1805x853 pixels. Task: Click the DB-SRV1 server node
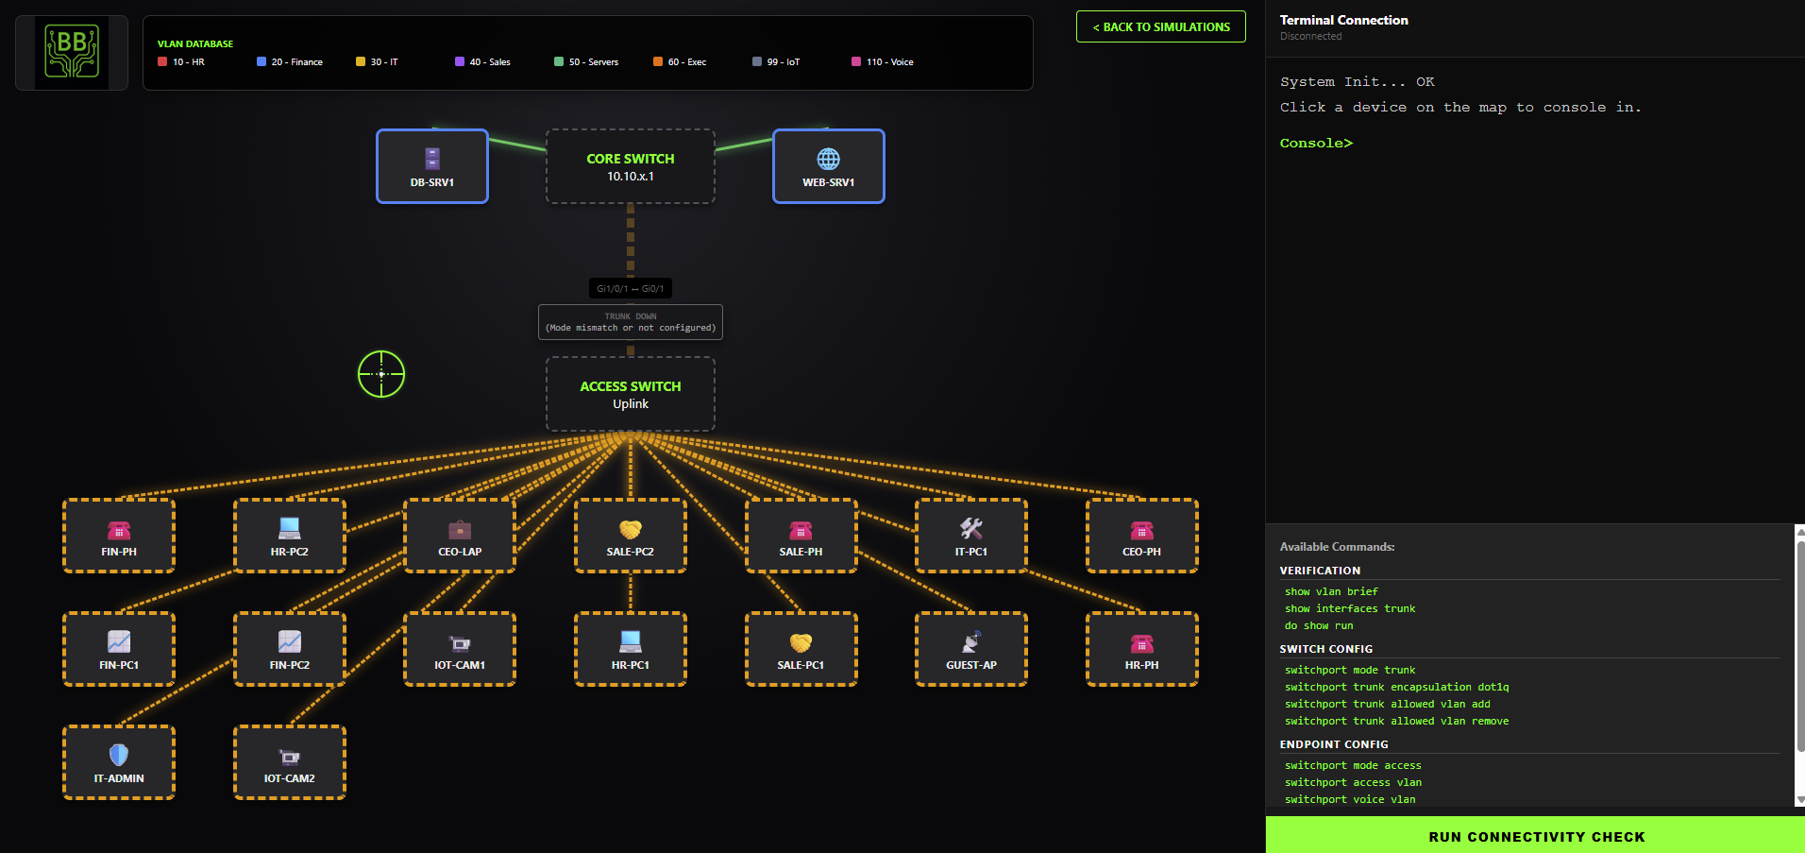tap(431, 166)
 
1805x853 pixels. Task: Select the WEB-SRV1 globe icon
tap(828, 159)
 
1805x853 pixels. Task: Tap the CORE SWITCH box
tap(630, 166)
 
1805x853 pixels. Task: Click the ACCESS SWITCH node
tap(630, 394)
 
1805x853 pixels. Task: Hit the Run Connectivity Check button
tap(1535, 836)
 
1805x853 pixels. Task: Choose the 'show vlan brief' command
tap(1330, 591)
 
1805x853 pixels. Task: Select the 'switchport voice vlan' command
tap(1349, 799)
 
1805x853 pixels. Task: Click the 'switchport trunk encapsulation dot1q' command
tap(1395, 687)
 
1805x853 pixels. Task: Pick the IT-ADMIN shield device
tap(119, 762)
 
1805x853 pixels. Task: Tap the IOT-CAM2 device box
tap(289, 762)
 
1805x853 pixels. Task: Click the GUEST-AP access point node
tap(970, 649)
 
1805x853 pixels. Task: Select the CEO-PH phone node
tap(1141, 536)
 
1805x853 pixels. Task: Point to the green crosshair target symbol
tap(381, 374)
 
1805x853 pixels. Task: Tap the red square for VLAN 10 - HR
tap(162, 61)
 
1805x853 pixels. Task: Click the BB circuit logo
tap(72, 52)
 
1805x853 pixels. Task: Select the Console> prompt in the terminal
tap(1316, 143)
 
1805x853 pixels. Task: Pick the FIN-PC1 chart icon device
tap(119, 649)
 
